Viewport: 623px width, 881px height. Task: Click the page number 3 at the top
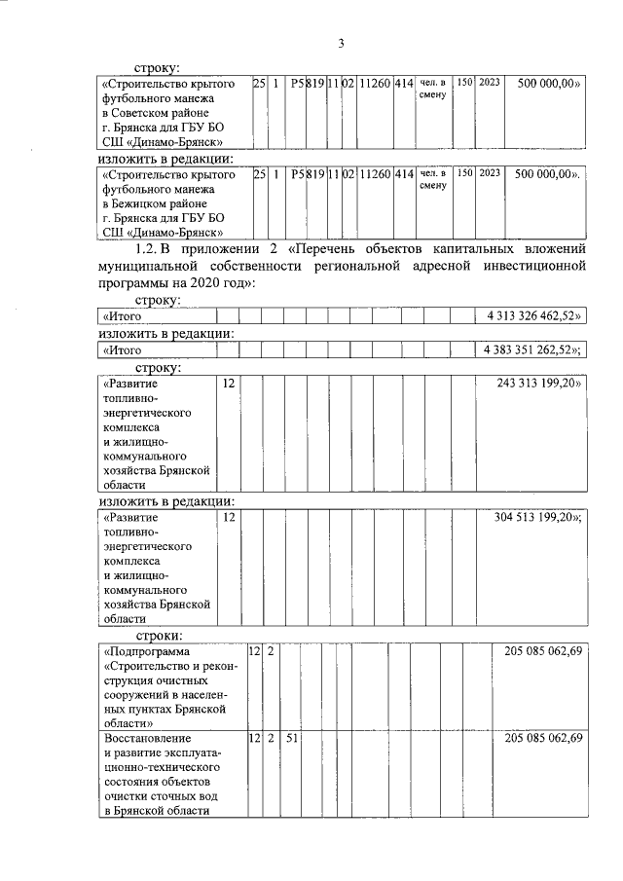(341, 43)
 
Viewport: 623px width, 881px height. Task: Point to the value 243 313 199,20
(538, 384)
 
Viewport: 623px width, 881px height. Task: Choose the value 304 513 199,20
(538, 518)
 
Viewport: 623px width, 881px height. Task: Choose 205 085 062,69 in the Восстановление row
(543, 741)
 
